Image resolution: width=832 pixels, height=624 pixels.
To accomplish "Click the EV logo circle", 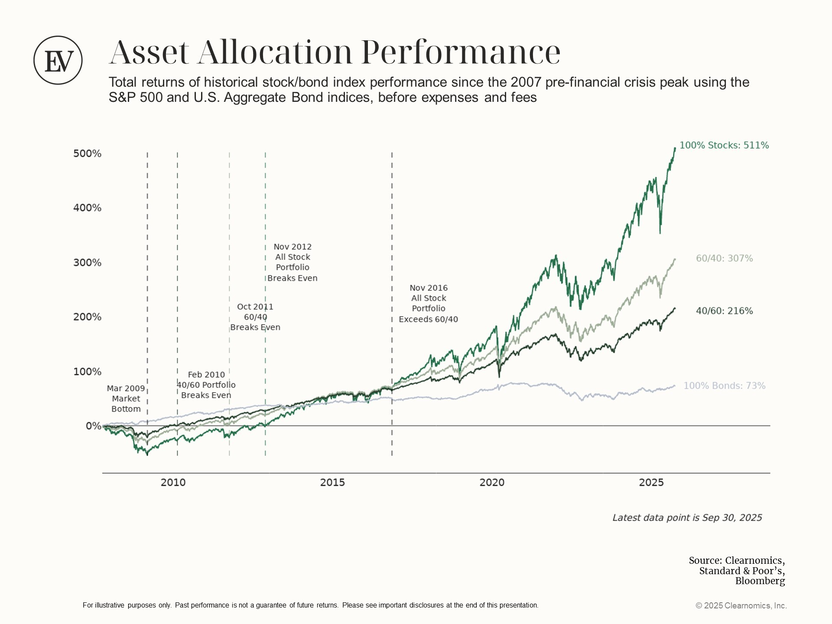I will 58,60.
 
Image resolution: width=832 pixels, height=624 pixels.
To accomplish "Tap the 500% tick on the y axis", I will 87,153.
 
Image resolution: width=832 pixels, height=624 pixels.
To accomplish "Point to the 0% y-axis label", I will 93,426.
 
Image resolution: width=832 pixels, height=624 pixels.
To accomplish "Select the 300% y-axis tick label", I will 87,263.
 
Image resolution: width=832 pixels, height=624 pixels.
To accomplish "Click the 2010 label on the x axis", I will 173,482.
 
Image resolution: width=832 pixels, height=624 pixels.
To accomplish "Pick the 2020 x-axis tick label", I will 492,482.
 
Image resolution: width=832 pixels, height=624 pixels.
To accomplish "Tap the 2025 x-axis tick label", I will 651,482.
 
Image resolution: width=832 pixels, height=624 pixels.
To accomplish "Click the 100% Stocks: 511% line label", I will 724,146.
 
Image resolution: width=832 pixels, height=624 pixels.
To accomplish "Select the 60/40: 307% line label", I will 724,259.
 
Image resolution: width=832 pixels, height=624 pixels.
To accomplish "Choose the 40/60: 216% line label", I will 724,311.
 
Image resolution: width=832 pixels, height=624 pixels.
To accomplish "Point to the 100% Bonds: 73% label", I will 724,386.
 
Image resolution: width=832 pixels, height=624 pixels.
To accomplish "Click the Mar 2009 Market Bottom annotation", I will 126,399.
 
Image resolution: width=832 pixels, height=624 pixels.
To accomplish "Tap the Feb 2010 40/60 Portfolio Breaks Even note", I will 206,385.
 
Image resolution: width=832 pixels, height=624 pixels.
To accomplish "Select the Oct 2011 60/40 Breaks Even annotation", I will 255,317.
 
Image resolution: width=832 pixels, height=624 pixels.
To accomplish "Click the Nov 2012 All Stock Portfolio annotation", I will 292,262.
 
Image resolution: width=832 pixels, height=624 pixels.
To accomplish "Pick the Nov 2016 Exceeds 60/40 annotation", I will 428,303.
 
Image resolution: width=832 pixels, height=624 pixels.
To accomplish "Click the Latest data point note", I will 687,518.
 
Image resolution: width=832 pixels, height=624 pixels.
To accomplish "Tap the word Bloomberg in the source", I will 760,581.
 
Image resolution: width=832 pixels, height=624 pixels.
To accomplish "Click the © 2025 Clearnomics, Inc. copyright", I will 741,606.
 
